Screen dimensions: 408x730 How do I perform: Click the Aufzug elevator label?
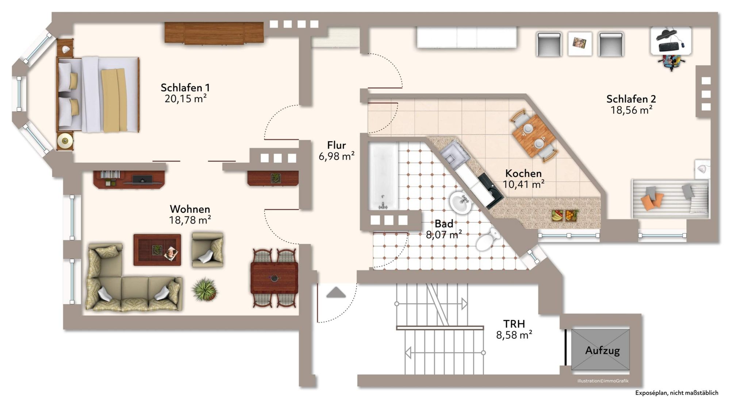tap(602, 350)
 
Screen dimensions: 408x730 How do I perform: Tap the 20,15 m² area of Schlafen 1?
tap(185, 99)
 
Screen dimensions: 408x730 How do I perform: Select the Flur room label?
tap(336, 145)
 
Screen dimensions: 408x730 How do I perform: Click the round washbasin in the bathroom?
tap(460, 202)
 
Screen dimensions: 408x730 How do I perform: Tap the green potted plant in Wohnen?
tap(205, 290)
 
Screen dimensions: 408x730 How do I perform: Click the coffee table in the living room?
tap(157, 250)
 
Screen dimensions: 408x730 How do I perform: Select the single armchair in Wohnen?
tap(207, 250)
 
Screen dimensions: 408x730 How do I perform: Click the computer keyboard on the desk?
tap(669, 47)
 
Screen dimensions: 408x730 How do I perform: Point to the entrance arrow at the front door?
tap(336, 292)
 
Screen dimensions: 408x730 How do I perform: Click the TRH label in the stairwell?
tap(514, 324)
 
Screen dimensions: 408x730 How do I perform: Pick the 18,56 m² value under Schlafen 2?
tap(631, 110)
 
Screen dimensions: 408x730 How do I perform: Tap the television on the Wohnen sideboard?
tap(142, 179)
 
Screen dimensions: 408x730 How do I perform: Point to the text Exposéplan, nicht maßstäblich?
tap(676, 393)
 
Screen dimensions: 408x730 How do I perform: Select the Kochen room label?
tap(523, 173)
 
